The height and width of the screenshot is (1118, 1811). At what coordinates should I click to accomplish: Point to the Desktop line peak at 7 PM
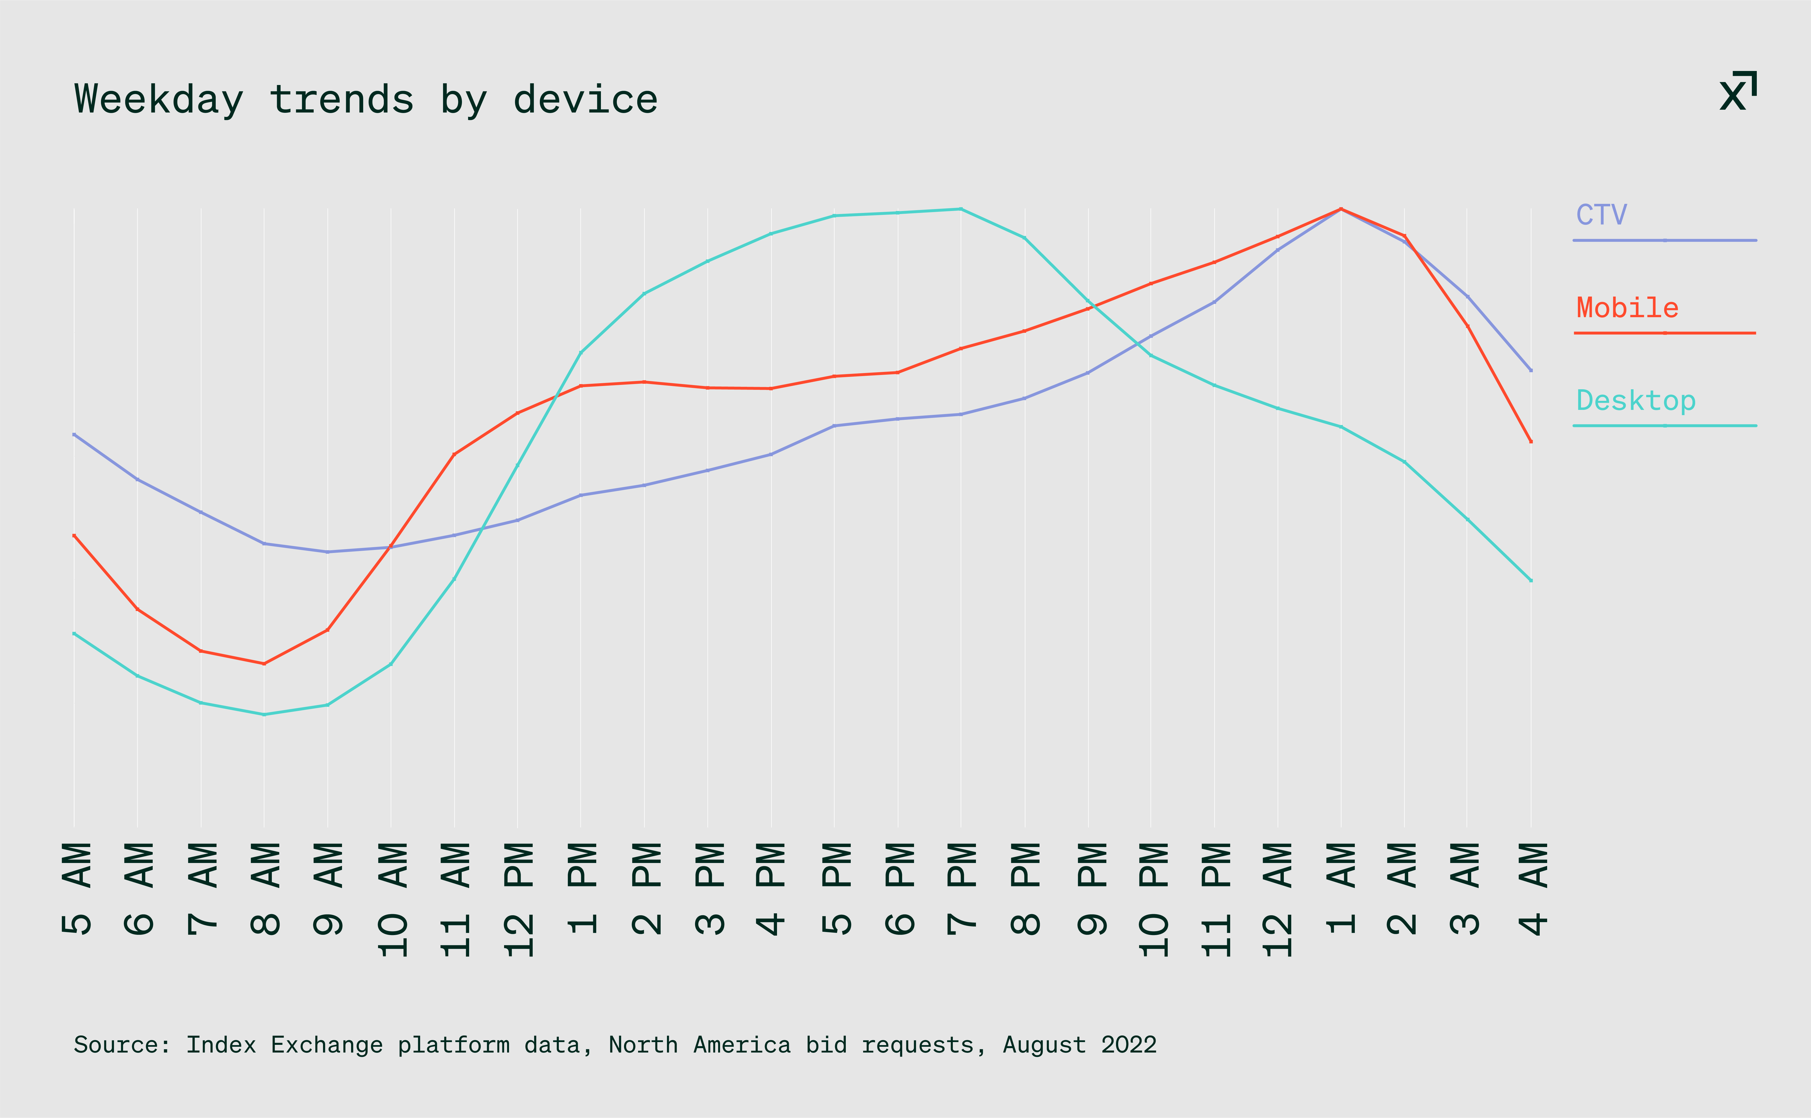961,209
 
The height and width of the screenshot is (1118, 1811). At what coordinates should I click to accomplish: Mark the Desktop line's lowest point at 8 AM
264,714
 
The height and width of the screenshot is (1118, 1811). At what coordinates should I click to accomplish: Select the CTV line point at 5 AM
74,435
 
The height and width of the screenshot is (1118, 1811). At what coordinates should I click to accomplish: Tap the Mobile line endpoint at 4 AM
1530,442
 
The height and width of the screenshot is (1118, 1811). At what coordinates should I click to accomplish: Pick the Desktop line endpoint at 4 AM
1530,580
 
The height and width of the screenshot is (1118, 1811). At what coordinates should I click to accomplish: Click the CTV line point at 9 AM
328,552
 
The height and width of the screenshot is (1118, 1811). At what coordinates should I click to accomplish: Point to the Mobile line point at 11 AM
454,454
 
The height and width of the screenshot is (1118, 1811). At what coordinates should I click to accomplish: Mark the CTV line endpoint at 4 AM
1530,370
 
